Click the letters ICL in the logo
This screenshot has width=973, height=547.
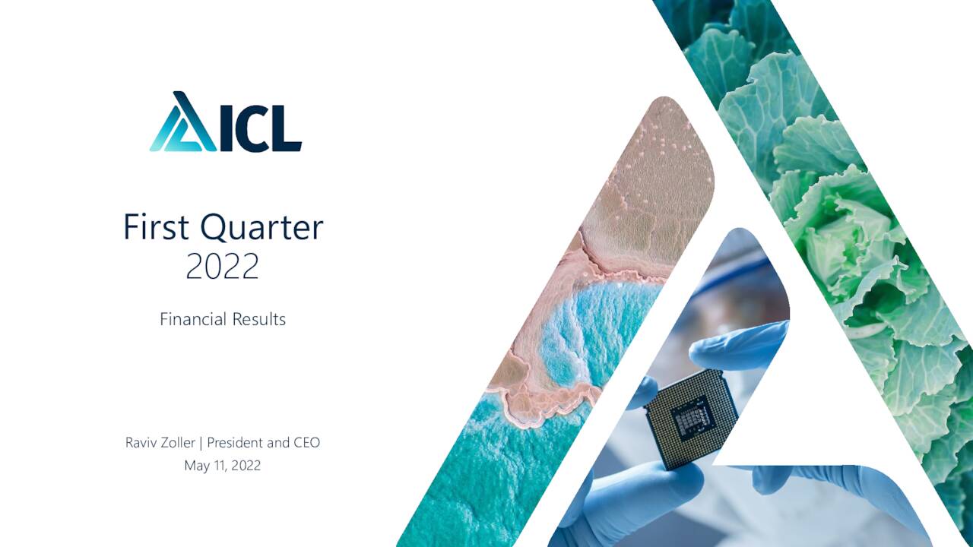pyautogui.click(x=261, y=129)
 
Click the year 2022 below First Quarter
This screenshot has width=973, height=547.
pyautogui.click(x=222, y=267)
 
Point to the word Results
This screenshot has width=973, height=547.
pyautogui.click(x=259, y=320)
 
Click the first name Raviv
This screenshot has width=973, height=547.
pyautogui.click(x=141, y=442)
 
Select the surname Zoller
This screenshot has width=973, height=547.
pyautogui.click(x=179, y=442)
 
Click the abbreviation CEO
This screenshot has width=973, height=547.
pyautogui.click(x=306, y=442)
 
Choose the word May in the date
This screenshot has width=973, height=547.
pyautogui.click(x=196, y=466)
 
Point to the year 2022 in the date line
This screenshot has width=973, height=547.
pyautogui.click(x=246, y=466)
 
